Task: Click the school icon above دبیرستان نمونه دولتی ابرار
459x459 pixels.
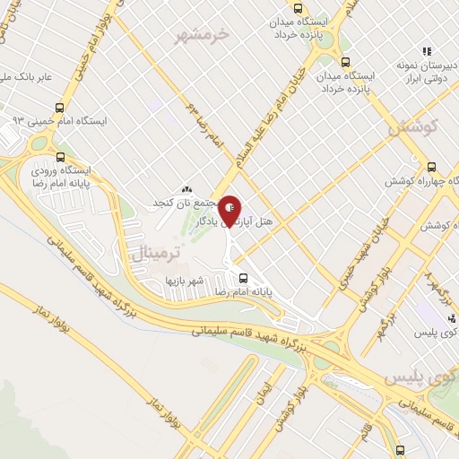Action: pyautogui.click(x=428, y=51)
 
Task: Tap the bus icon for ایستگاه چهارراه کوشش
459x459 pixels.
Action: pyautogui.click(x=432, y=166)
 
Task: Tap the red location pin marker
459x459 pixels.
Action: pyautogui.click(x=229, y=208)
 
